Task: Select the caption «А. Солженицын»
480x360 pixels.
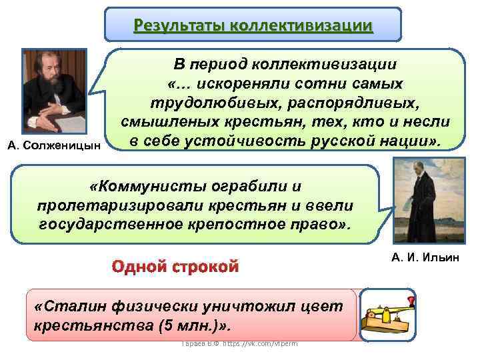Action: click(x=55, y=145)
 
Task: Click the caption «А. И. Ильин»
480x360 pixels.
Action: click(x=424, y=257)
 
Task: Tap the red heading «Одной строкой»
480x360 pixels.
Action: click(x=175, y=268)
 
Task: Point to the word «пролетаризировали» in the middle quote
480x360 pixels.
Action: click(x=117, y=205)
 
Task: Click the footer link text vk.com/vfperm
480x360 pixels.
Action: click(x=264, y=343)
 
